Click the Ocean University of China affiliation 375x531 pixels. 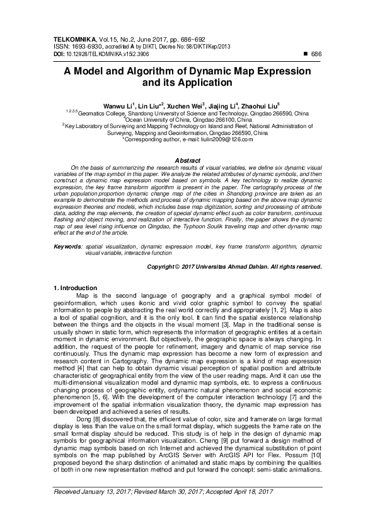pos(188,119)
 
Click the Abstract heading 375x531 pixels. pos(187,161)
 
